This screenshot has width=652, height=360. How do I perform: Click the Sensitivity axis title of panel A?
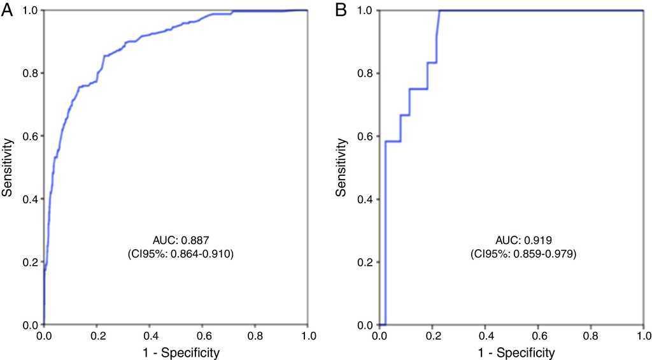(8, 168)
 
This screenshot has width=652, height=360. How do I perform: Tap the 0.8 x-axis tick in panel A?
(255, 335)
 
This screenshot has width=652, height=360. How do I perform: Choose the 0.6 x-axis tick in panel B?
(538, 335)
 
